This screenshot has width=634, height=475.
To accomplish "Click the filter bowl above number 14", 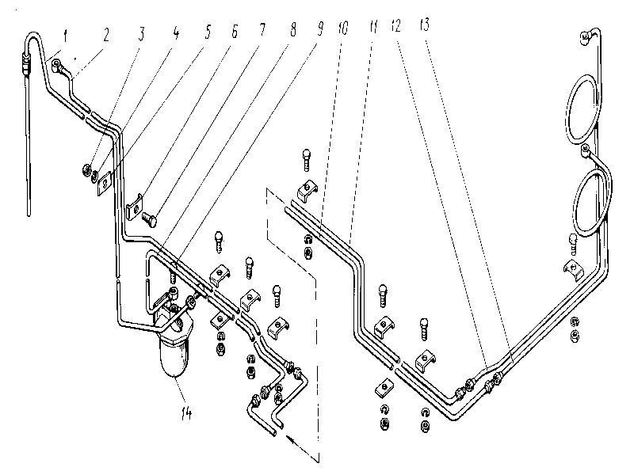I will pos(176,355).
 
